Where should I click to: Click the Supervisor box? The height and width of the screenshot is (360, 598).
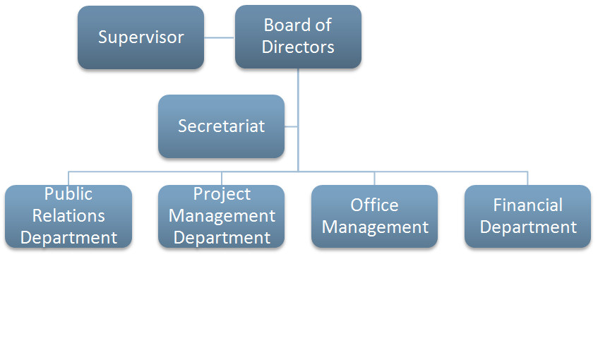point(140,37)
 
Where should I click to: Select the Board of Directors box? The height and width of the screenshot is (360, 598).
point(298,37)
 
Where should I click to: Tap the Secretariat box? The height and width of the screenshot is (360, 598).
point(221,126)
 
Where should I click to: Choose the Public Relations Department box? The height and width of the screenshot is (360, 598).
point(68,216)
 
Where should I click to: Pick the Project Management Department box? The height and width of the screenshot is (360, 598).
point(221,216)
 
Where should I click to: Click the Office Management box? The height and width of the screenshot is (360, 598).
point(374,216)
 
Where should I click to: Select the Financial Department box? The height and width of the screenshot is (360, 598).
point(528,216)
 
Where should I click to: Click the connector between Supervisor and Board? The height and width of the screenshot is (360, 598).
point(220,37)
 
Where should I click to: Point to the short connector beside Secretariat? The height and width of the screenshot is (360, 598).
point(291,126)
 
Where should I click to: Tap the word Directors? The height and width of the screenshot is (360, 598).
point(298,47)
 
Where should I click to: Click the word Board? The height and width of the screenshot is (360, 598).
point(282,25)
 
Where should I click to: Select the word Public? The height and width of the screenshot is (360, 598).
point(68,194)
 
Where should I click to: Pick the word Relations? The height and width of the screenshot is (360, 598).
point(68,216)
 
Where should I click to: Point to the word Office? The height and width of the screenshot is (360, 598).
point(374,205)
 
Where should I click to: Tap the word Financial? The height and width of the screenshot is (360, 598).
point(528,205)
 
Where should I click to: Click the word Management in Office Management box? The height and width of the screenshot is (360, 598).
point(376,228)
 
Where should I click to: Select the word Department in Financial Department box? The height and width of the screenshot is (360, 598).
point(528,228)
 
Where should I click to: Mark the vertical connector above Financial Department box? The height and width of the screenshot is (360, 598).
point(527,179)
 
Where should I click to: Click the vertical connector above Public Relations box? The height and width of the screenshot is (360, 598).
point(68,179)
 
